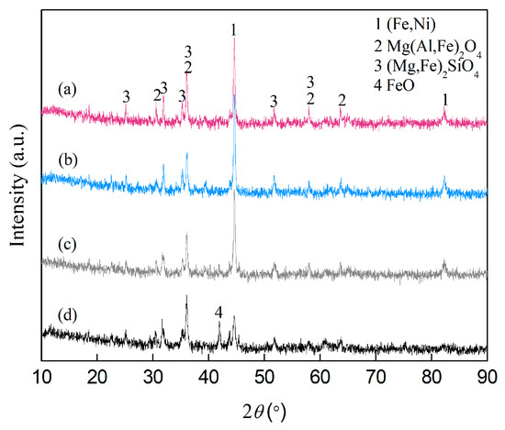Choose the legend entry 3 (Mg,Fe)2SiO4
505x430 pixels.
[421, 60]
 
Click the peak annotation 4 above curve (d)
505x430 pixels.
[219, 313]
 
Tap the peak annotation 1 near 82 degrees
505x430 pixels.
[445, 97]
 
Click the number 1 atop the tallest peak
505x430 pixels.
[234, 29]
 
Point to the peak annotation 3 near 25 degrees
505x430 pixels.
[126, 96]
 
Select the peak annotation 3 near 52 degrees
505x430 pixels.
[273, 100]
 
